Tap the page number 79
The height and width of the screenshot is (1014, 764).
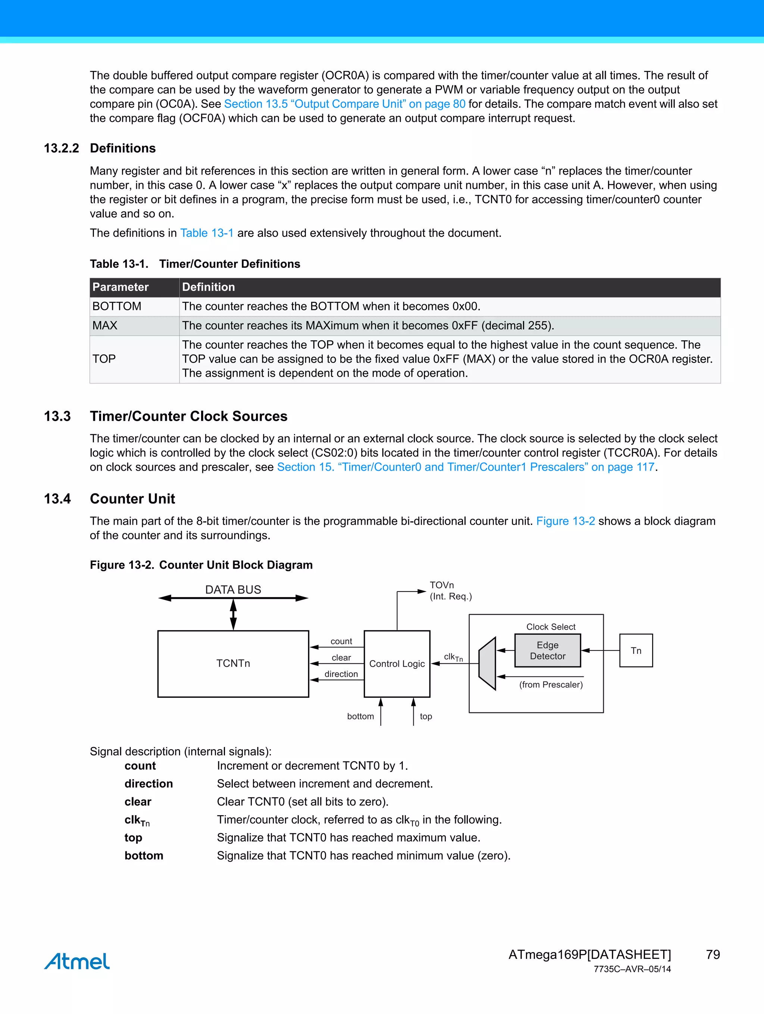point(713,954)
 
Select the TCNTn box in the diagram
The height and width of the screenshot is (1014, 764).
point(233,663)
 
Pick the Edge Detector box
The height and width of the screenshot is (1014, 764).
point(548,650)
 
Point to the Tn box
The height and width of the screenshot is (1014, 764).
point(636,650)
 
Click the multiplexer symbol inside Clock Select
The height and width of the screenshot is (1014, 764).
point(487,663)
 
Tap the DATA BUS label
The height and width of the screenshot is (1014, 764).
point(233,590)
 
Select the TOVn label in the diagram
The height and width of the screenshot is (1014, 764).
point(442,585)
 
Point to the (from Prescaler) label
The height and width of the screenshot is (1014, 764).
point(551,684)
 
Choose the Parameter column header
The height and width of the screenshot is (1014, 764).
point(120,287)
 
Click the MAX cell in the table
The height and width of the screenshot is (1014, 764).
point(105,326)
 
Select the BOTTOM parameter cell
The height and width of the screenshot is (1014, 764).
point(117,306)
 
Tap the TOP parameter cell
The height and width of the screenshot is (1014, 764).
point(104,359)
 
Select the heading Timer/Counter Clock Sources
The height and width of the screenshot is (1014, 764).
point(188,416)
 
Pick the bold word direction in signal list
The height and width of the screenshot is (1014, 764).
point(148,784)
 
